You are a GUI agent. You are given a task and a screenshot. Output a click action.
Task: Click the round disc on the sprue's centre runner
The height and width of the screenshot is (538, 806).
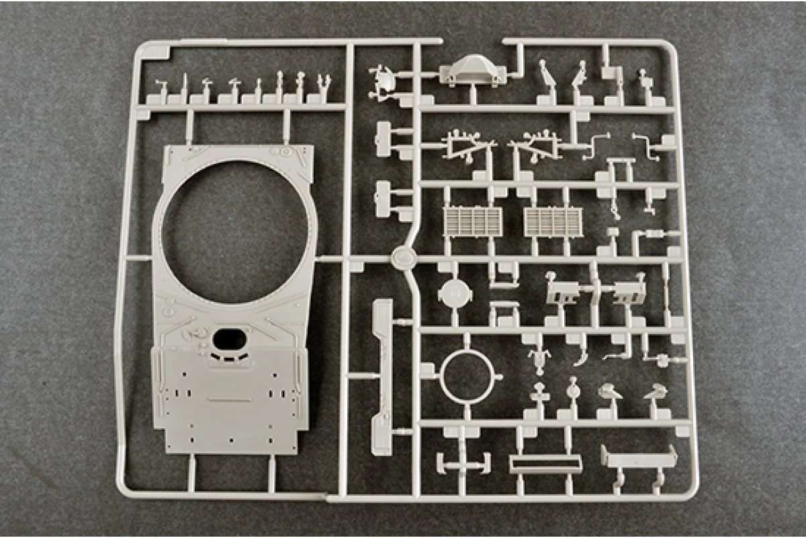(x=403, y=256)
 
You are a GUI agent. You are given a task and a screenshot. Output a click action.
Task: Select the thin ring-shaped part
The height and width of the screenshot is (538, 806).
(x=467, y=376)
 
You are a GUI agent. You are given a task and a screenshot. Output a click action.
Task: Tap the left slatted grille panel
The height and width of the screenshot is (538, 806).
(x=473, y=221)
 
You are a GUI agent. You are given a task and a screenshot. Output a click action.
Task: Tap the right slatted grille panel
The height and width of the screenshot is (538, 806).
(x=553, y=221)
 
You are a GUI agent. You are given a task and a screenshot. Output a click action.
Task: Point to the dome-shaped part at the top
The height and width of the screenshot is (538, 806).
(x=472, y=70)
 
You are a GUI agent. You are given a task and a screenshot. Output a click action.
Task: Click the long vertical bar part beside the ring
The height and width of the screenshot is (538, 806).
(x=382, y=367)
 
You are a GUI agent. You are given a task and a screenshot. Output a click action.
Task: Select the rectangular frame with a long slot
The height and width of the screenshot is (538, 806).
(x=545, y=463)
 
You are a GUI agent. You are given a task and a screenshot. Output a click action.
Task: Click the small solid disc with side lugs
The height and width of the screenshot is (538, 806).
(x=457, y=293)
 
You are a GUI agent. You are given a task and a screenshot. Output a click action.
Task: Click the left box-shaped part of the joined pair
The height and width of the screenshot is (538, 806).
(x=563, y=291)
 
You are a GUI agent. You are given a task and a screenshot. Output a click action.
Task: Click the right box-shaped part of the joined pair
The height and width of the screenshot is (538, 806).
(x=629, y=291)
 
